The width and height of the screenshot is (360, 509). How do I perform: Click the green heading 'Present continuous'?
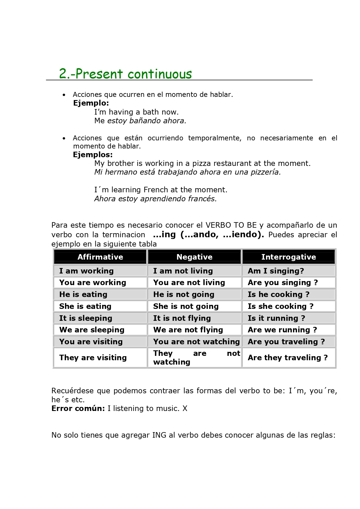(x=125, y=74)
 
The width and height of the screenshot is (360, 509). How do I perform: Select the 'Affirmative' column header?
(x=100, y=257)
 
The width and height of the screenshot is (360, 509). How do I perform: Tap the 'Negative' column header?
(x=194, y=257)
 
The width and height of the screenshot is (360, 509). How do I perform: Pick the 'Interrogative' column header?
(x=288, y=257)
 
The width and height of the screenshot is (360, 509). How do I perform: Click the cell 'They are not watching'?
(x=194, y=358)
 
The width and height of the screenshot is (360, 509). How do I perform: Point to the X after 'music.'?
(x=185, y=408)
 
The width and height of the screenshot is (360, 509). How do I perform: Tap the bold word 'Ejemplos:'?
(x=93, y=155)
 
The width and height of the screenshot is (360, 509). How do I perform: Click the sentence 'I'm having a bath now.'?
(x=136, y=112)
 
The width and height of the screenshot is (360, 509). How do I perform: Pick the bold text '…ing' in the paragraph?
(x=164, y=234)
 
